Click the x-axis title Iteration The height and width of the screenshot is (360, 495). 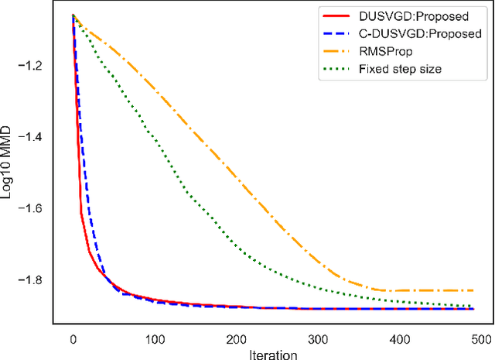tap(267, 353)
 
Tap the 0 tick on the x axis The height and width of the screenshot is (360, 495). tap(72, 338)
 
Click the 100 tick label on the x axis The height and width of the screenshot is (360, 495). tap(155, 338)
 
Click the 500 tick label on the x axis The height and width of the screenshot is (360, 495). tap(481, 338)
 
